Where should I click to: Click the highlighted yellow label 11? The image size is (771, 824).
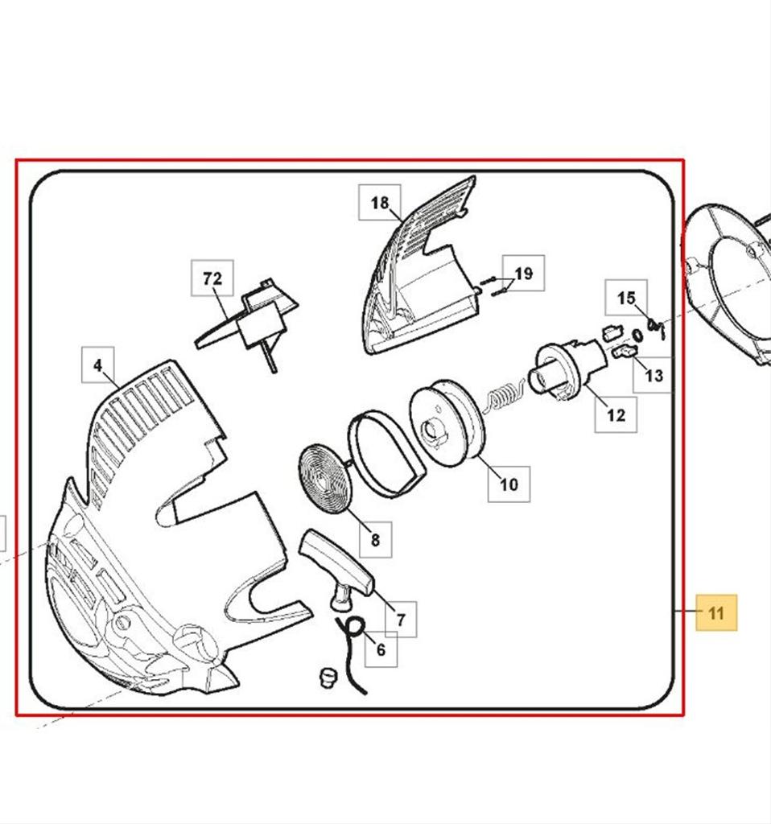(716, 612)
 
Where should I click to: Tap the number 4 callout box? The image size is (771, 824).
(98, 365)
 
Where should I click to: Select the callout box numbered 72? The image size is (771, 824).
(212, 278)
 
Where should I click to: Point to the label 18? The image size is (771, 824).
(379, 202)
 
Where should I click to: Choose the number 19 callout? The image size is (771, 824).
(523, 274)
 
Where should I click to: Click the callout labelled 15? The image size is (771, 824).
(626, 298)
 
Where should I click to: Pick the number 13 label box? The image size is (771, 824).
(653, 375)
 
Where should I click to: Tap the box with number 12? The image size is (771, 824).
(616, 415)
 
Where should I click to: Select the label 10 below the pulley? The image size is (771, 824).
(509, 484)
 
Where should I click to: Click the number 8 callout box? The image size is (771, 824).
(375, 540)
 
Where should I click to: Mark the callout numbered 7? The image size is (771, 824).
(401, 620)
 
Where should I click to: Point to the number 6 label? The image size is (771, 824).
(381, 649)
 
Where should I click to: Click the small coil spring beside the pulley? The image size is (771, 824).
(504, 396)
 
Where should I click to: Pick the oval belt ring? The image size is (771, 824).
(388, 454)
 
